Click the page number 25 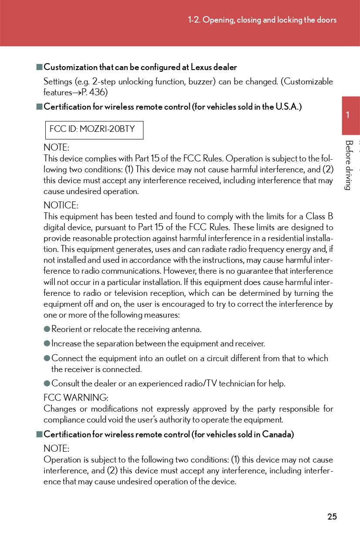(332, 517)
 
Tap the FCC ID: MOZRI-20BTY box (94, 130)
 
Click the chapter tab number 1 (348, 115)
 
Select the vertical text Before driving (348, 165)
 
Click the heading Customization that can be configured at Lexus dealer (140, 67)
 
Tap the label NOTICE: (61, 205)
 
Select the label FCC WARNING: (76, 398)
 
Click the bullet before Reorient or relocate (47, 329)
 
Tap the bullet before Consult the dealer (47, 383)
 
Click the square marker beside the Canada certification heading (39, 434)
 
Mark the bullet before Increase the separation (47, 344)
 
